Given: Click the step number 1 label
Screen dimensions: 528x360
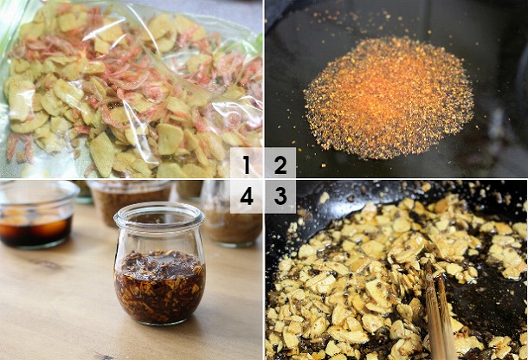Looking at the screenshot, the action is point(247,164).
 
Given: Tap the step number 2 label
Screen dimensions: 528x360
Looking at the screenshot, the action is point(280,164).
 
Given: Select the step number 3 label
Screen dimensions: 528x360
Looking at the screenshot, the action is point(280,196).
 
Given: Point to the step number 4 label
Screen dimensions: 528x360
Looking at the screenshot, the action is point(247,196).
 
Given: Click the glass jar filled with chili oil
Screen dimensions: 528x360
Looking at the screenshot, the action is point(159,263).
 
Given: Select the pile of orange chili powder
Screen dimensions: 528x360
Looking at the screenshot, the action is point(389,99).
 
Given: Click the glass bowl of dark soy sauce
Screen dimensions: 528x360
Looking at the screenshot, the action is point(37,215).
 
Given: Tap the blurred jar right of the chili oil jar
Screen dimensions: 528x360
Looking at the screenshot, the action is point(232,219).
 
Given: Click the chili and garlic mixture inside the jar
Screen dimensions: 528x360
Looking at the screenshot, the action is point(159,286).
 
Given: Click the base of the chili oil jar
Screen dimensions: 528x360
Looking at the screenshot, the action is point(160,320).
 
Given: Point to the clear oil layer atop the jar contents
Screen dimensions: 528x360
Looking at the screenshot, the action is point(160,259).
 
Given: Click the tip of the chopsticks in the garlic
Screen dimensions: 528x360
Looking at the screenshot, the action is point(428,266).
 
